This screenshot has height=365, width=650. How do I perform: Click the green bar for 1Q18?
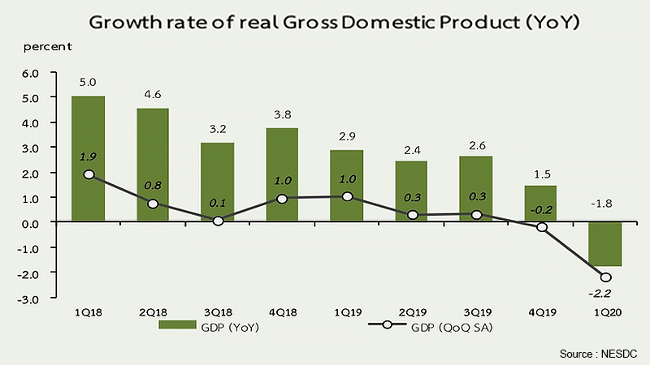pyautogui.click(x=89, y=158)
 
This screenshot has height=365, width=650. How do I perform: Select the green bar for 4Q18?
pyautogui.click(x=283, y=174)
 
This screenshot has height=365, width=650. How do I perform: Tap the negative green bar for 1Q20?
pyautogui.click(x=606, y=243)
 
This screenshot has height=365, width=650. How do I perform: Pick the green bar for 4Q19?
pyautogui.click(x=542, y=203)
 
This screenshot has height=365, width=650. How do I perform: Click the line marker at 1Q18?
pyautogui.click(x=89, y=174)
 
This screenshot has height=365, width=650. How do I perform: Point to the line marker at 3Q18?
pyautogui.click(x=218, y=220)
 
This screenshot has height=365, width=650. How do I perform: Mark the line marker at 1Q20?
pyautogui.click(x=606, y=277)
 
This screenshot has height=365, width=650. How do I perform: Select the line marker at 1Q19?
pyautogui.click(x=348, y=196)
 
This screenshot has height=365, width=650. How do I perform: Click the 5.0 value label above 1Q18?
pyautogui.click(x=89, y=82)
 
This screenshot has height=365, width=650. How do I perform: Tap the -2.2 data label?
pyautogui.click(x=602, y=293)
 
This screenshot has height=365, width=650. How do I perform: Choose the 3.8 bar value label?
pyautogui.click(x=283, y=114)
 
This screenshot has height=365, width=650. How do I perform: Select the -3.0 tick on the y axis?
pyautogui.click(x=29, y=299)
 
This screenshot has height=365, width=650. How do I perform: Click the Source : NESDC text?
pyautogui.click(x=599, y=354)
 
